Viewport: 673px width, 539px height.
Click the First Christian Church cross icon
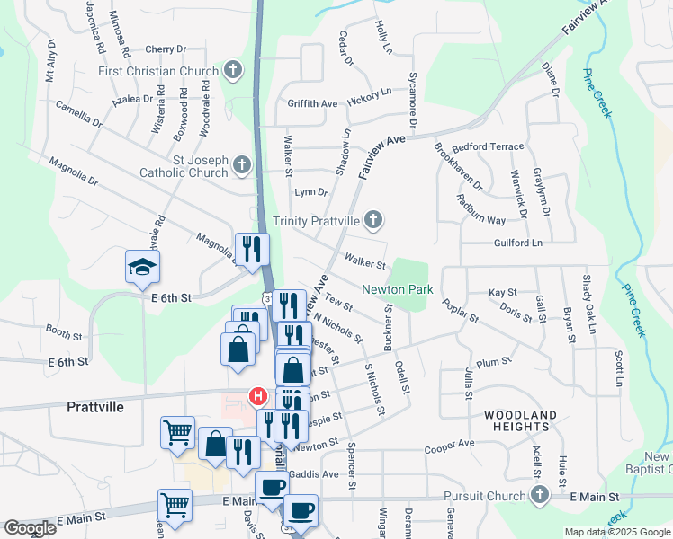click(x=232, y=71)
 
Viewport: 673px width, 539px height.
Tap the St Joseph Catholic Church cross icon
click(x=241, y=165)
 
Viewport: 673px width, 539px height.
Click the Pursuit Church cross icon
click(x=539, y=495)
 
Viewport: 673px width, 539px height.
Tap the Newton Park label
click(x=398, y=289)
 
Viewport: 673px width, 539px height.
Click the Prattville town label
click(x=94, y=406)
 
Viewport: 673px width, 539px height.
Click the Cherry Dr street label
click(x=165, y=49)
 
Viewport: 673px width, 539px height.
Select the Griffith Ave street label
click(x=312, y=104)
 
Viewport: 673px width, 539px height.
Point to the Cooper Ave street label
click(x=449, y=444)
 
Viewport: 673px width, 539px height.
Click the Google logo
click(x=31, y=528)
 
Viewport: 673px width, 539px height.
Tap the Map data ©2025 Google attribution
click(x=617, y=532)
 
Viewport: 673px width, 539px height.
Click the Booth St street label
click(x=64, y=333)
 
